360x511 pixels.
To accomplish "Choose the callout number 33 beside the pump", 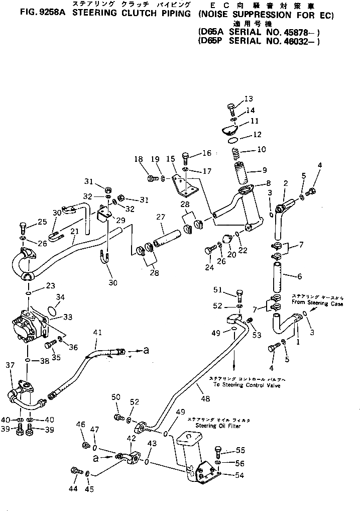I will click(x=68, y=317).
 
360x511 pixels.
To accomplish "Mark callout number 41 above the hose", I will click(x=97, y=332).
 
